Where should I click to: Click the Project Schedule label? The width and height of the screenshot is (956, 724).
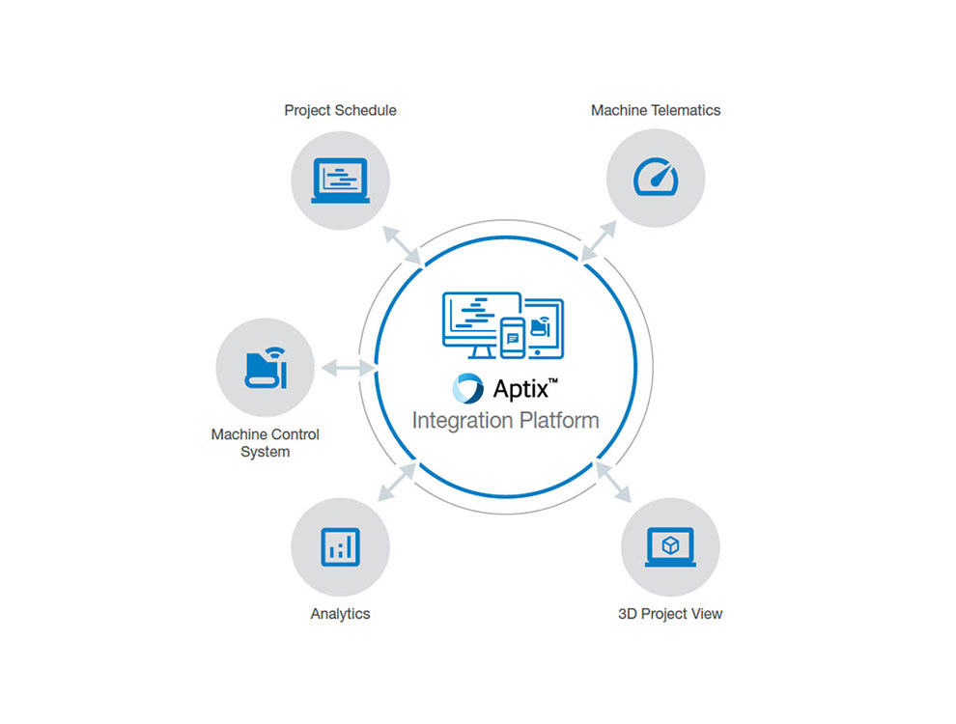click(340, 110)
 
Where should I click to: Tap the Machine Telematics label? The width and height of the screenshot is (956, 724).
click(655, 110)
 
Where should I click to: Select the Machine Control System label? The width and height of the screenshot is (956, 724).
click(265, 443)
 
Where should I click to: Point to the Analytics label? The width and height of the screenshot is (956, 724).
click(340, 613)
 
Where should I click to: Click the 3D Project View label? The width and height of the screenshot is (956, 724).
click(669, 613)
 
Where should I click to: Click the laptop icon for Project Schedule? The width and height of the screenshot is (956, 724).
click(340, 181)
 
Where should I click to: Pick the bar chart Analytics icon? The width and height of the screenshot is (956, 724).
click(340, 547)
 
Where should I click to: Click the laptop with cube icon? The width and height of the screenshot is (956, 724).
click(669, 546)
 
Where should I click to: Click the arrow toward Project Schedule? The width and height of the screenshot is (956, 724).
click(402, 244)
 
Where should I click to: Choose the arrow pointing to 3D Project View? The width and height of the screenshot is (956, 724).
click(614, 484)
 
